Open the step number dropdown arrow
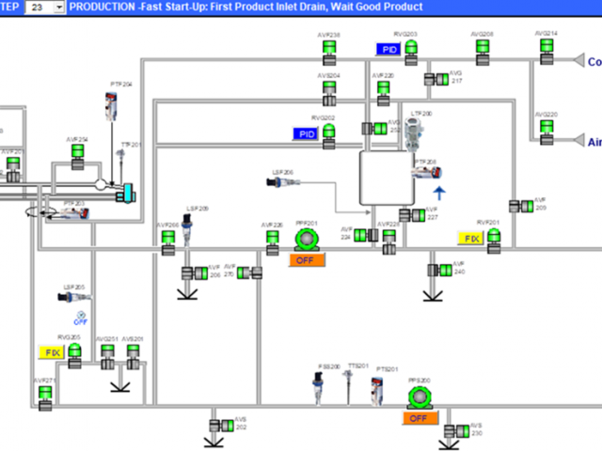[59, 7]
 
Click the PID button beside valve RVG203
[389, 49]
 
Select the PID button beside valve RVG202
[307, 133]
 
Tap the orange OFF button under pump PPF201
[306, 260]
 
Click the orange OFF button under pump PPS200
[419, 418]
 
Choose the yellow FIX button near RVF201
[470, 239]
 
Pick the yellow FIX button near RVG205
[50, 351]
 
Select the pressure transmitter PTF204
[113, 103]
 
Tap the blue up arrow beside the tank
[438, 194]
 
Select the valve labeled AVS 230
[459, 430]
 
